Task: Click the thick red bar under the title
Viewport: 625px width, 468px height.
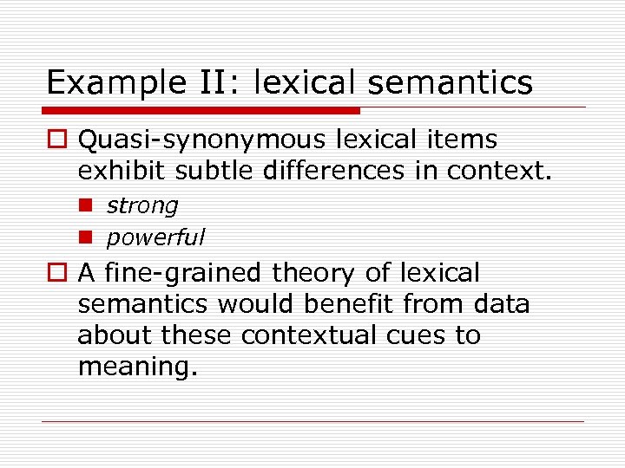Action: pyautogui.click(x=201, y=111)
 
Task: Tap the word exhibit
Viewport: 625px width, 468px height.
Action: pyautogui.click(x=121, y=171)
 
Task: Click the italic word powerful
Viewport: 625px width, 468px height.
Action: pyautogui.click(x=155, y=237)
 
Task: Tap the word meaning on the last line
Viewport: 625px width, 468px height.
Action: pyautogui.click(x=135, y=367)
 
